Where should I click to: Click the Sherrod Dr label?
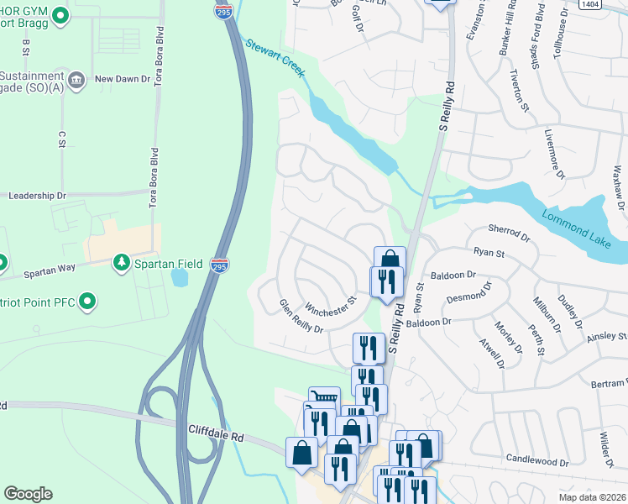[510, 233]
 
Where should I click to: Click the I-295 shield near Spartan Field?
[220, 264]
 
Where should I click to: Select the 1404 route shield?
[613, 4]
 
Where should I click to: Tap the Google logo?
[28, 494]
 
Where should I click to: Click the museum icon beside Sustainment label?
[76, 80]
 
